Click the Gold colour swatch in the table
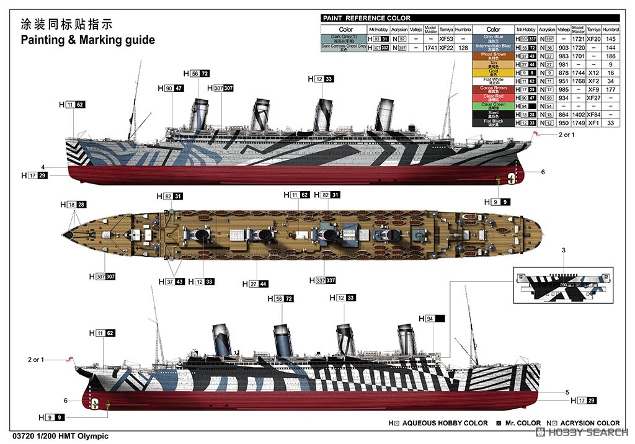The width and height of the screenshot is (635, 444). (493, 73)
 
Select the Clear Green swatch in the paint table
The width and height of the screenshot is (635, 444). (493, 106)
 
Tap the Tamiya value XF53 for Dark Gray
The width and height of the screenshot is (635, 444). (446, 38)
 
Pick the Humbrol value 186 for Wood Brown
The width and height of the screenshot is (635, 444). (611, 56)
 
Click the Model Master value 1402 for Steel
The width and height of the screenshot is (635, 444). (578, 115)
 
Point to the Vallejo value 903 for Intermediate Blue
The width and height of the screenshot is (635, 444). (563, 47)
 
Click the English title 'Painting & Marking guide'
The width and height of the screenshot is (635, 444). (87, 40)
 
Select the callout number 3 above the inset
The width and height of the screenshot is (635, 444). (563, 250)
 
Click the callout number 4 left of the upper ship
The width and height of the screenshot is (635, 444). (43, 167)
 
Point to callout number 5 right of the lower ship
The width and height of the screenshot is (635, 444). (567, 392)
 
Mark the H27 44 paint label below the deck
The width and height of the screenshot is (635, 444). (257, 284)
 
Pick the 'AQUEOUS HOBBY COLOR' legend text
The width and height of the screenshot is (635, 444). (445, 424)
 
